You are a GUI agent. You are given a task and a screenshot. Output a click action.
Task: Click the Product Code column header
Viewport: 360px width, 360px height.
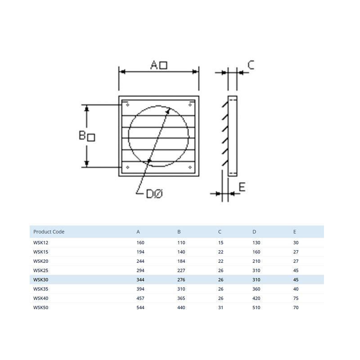coord(49,232)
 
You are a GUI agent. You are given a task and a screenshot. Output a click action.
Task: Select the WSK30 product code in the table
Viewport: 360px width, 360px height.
coord(40,280)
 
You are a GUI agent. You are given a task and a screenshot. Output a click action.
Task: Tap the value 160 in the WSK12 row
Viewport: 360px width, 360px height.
coord(140,243)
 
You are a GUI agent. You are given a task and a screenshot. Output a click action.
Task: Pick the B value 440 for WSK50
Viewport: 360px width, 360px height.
coord(181,308)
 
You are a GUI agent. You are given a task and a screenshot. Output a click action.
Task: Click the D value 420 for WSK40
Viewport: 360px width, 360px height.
coord(256,298)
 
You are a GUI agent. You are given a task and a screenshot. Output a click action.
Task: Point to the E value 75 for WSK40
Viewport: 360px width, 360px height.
coord(296,298)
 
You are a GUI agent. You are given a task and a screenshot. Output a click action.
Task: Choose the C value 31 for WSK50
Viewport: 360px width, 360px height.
coord(220,308)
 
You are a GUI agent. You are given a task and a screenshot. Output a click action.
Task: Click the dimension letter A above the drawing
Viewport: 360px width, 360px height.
coord(154,65)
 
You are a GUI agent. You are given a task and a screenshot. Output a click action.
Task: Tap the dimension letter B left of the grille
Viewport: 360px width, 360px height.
coord(82,135)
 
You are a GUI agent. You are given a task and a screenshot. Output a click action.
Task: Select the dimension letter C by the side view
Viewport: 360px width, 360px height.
coord(251,65)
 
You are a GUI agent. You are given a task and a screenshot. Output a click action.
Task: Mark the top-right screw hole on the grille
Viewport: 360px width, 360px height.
coord(190,105)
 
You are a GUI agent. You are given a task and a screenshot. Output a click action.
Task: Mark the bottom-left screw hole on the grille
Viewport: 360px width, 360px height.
coord(127,167)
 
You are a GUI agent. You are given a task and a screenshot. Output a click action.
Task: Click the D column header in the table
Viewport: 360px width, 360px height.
coord(254,232)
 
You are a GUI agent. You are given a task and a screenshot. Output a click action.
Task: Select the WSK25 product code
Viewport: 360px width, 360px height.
coord(40,270)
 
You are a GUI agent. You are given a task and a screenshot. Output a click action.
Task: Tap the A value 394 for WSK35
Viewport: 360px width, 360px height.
coord(140,289)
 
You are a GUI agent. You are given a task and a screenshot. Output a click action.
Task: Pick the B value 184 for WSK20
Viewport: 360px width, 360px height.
coord(181,261)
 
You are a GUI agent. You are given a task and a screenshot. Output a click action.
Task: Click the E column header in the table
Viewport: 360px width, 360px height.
coord(295,232)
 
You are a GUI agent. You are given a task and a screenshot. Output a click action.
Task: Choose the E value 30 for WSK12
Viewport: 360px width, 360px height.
coord(296,243)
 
